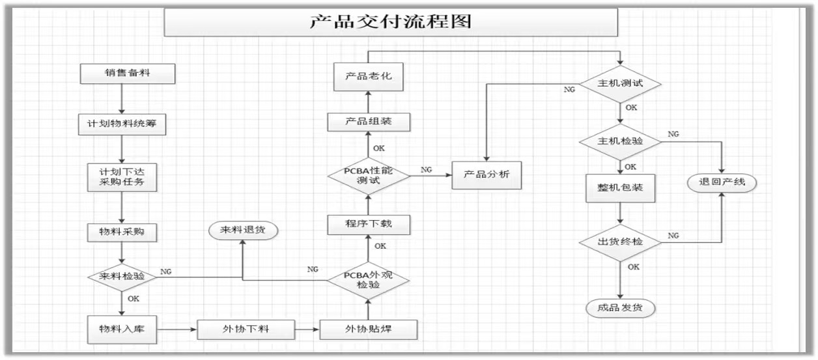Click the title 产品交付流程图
point(390,22)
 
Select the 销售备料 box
point(127,73)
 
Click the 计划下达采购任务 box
point(122,176)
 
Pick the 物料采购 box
point(122,231)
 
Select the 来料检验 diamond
point(122,277)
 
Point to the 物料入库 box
point(122,329)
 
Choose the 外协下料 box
point(246,329)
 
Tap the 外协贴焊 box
point(368,329)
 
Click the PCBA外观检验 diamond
point(368,281)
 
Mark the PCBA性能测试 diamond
point(368,176)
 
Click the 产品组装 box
point(368,122)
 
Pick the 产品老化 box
point(368,77)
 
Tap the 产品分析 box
point(487,174)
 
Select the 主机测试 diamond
point(621,85)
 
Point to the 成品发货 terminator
point(620,307)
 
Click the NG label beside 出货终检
point(673,235)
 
